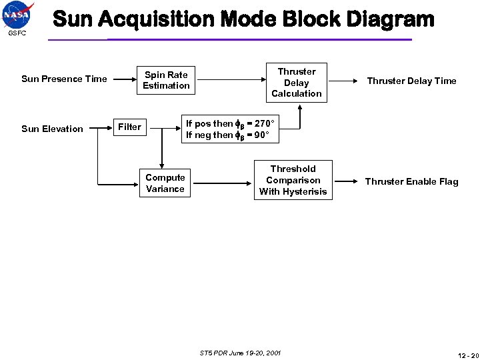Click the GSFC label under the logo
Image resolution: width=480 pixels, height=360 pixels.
pos(17,33)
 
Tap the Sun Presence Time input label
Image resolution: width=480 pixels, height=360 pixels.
pos(64,79)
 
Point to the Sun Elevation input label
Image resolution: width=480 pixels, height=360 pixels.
pos(52,129)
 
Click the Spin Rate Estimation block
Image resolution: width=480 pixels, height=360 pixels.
pos(166,80)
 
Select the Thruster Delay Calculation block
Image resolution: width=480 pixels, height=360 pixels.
pos(297,83)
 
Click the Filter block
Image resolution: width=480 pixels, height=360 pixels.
pos(129,127)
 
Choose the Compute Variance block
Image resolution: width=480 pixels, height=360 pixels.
pos(165,183)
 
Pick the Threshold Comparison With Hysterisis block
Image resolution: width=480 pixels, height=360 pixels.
pos(293,181)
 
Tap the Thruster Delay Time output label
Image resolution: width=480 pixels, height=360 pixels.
pos(411,81)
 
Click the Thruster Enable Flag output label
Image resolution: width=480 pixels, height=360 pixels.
pos(411,181)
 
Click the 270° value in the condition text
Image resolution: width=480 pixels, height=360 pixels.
pos(261,123)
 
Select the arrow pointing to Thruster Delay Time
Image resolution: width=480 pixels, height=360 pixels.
pos(346,81)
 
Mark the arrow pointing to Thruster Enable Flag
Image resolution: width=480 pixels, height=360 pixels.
pos(346,181)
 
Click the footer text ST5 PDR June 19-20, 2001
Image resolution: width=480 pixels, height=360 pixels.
pos(240,351)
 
